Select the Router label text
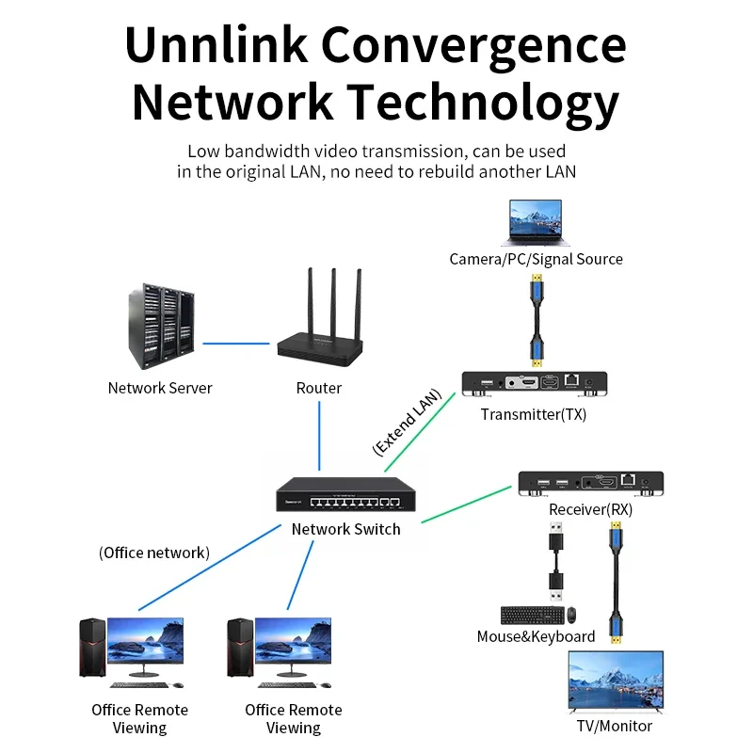319,388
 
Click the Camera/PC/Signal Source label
536,259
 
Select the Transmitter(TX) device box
534,383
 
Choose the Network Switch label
345,529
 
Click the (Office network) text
154,553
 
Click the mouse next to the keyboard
570,616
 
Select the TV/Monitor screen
615,681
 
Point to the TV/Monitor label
615,726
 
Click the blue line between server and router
235,343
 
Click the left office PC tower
90,647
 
